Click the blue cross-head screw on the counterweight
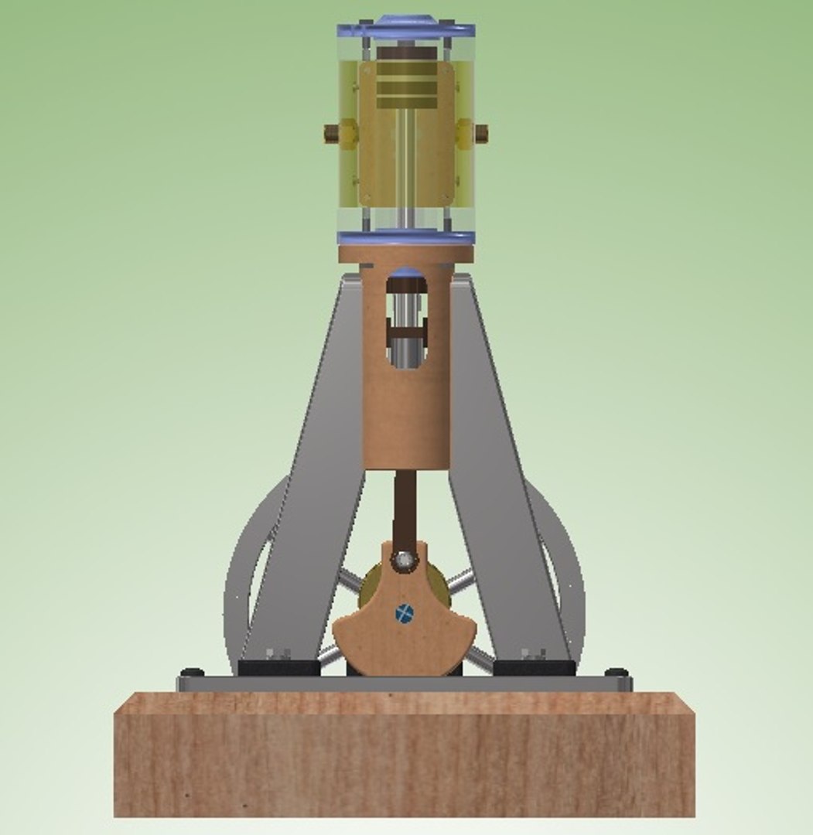[404, 613]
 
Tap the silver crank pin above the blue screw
[402, 559]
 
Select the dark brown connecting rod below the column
[405, 506]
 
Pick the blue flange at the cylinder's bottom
[405, 237]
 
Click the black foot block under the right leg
[533, 666]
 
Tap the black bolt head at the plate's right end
[617, 672]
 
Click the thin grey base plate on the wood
[404, 684]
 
